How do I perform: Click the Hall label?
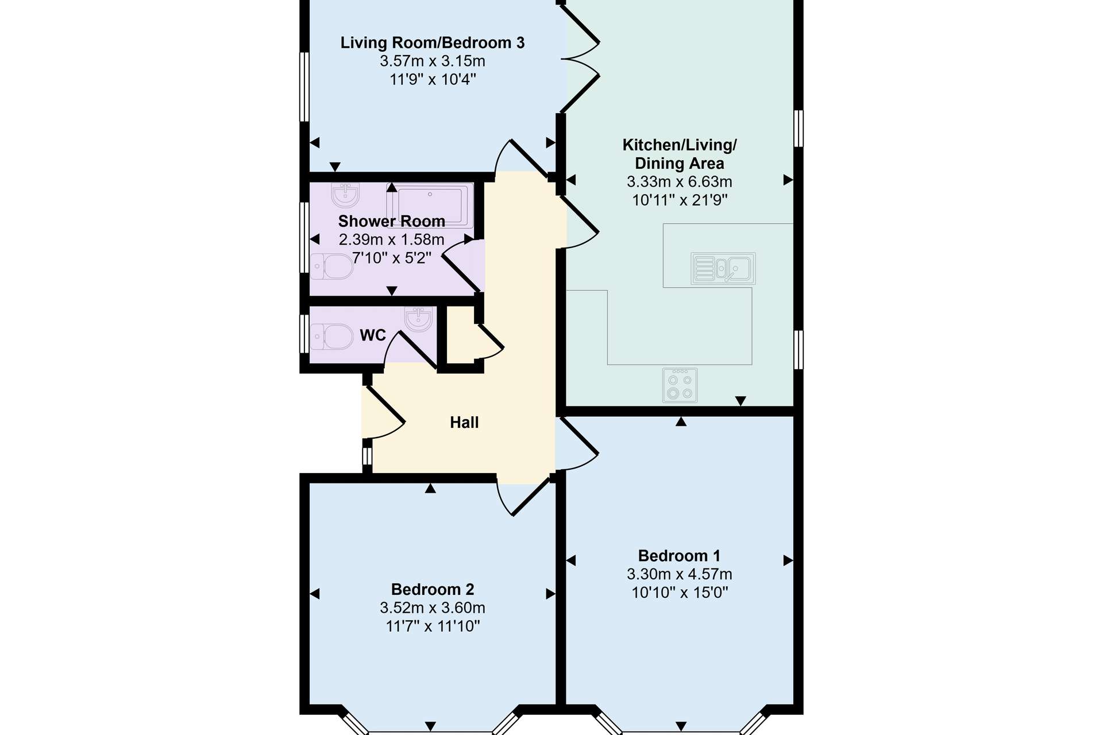click(x=464, y=423)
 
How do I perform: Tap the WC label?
click(x=373, y=335)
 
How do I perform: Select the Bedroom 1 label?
click(x=679, y=556)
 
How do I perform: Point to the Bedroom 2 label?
click(x=433, y=589)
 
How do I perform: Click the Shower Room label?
click(x=392, y=221)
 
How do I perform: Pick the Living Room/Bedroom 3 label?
click(x=433, y=43)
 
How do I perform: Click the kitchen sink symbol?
click(x=723, y=268)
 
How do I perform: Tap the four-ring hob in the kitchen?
click(x=680, y=385)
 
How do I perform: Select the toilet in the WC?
click(x=332, y=336)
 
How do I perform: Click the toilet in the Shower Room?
click(x=332, y=266)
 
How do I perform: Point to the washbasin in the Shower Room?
click(x=345, y=195)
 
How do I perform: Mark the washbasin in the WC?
click(x=418, y=319)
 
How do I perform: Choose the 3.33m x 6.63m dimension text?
click(x=680, y=182)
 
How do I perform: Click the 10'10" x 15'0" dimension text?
click(x=680, y=593)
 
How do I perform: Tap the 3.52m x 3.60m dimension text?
click(x=433, y=608)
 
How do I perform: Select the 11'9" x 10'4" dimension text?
click(x=433, y=79)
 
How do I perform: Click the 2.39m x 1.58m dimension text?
click(x=392, y=239)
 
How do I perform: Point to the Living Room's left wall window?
click(x=304, y=87)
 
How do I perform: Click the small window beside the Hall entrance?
click(x=367, y=457)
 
